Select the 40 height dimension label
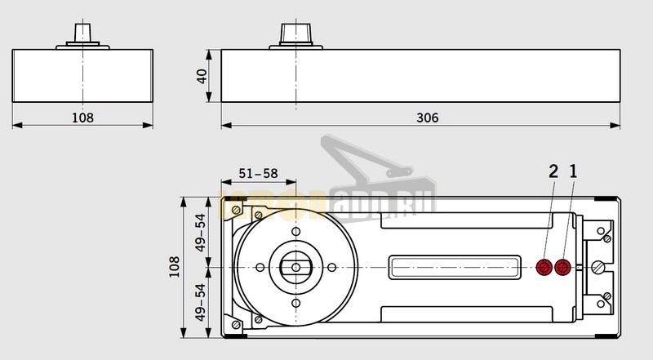pyautogui.click(x=202, y=77)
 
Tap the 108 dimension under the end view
pyautogui.click(x=83, y=118)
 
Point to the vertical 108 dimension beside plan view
pyautogui.click(x=174, y=267)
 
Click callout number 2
pyautogui.click(x=553, y=171)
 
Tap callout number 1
pyautogui.click(x=573, y=171)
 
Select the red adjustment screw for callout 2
pyautogui.click(x=544, y=267)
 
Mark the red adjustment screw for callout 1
pyautogui.click(x=562, y=267)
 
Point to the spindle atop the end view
pyautogui.click(x=83, y=33)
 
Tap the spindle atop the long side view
pyautogui.click(x=291, y=33)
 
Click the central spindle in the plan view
pyautogui.click(x=295, y=267)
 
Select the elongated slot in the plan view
pyautogui.click(x=454, y=267)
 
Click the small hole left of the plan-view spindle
pyautogui.click(x=260, y=267)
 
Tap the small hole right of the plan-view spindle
pyautogui.click(x=331, y=267)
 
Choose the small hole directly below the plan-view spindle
pyautogui.click(x=295, y=302)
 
